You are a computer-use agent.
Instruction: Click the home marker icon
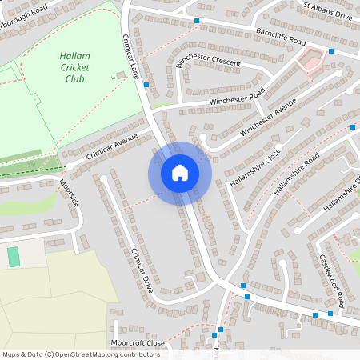[x=179, y=172]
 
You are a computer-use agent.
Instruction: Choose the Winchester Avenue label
[x=268, y=116]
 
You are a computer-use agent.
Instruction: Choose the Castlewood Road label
[x=331, y=278]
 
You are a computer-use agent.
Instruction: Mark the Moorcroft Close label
[x=139, y=342]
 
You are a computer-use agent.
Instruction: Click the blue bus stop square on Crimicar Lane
[x=146, y=82]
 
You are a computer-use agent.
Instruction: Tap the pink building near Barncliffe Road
[x=311, y=58]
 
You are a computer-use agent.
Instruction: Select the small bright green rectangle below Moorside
[x=13, y=257]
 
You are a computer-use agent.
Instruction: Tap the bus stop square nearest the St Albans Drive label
[x=330, y=51]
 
